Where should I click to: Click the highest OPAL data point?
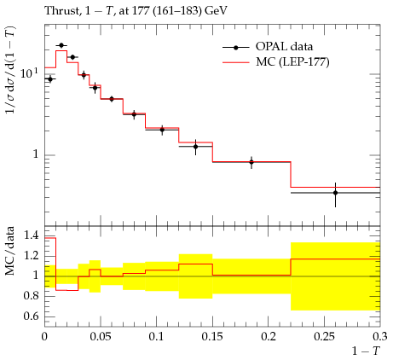tap(61, 45)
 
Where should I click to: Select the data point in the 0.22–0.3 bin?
tap(335, 193)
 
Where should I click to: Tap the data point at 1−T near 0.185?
tap(251, 162)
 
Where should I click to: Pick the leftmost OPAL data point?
tap(50, 79)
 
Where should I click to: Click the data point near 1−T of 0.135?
tap(195, 147)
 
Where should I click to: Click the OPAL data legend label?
tap(284, 46)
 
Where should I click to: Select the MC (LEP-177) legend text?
tap(292, 61)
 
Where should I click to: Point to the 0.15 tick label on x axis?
tap(212, 337)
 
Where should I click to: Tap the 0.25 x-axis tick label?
tap(324, 337)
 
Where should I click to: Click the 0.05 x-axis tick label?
tap(101, 337)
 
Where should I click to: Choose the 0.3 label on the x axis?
tap(380, 337)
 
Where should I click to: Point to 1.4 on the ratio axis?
tap(32, 235)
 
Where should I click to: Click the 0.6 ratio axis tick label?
tap(32, 316)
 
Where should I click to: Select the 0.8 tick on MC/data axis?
tap(32, 296)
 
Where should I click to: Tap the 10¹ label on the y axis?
tap(29, 73)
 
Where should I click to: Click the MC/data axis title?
tap(10, 251)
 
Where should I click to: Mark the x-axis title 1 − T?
tap(366, 351)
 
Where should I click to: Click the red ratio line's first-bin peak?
tap(50, 238)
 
